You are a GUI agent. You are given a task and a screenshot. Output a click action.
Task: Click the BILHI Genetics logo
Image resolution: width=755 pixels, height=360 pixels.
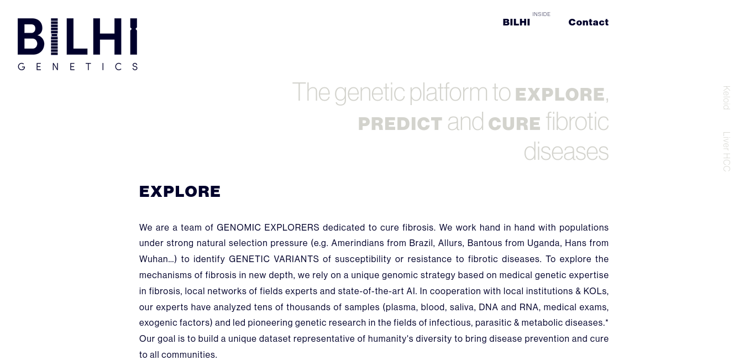pyautogui.click(x=77, y=44)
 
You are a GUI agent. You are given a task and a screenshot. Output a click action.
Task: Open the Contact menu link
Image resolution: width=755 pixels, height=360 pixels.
pyautogui.click(x=589, y=22)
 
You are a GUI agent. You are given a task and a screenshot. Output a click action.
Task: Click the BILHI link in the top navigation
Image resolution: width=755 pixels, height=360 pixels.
pyautogui.click(x=516, y=22)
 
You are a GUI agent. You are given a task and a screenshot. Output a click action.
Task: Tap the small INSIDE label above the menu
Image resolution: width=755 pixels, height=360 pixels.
pyautogui.click(x=541, y=14)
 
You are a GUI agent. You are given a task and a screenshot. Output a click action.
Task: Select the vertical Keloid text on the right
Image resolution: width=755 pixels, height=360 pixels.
pyautogui.click(x=726, y=98)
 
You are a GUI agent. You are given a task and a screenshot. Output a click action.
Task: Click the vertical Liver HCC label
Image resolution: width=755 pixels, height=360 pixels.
pyautogui.click(x=726, y=152)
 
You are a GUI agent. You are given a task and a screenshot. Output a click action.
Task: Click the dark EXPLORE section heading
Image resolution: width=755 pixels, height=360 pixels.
pyautogui.click(x=180, y=191)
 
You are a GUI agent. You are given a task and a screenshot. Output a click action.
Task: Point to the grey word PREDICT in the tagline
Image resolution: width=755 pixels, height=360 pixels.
pyautogui.click(x=400, y=124)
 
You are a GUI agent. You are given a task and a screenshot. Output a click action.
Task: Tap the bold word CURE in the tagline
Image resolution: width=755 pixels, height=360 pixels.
pyautogui.click(x=515, y=124)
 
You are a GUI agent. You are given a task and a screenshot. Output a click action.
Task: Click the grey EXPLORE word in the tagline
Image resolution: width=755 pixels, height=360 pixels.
pyautogui.click(x=560, y=95)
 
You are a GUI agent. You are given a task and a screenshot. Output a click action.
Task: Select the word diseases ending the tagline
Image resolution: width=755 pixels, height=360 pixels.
pyautogui.click(x=566, y=152)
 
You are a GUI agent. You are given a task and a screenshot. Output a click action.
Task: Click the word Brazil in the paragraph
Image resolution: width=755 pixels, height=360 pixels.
pyautogui.click(x=421, y=243)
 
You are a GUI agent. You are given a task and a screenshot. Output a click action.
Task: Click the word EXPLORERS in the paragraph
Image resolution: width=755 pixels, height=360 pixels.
pyautogui.click(x=291, y=227)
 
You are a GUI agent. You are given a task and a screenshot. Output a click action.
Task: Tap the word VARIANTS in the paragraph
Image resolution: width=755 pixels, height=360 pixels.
pyautogui.click(x=296, y=259)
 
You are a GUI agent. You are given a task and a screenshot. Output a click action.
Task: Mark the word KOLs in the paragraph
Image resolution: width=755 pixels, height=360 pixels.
pyautogui.click(x=595, y=291)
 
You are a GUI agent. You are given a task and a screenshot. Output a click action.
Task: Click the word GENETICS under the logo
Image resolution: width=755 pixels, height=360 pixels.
pyautogui.click(x=77, y=66)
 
